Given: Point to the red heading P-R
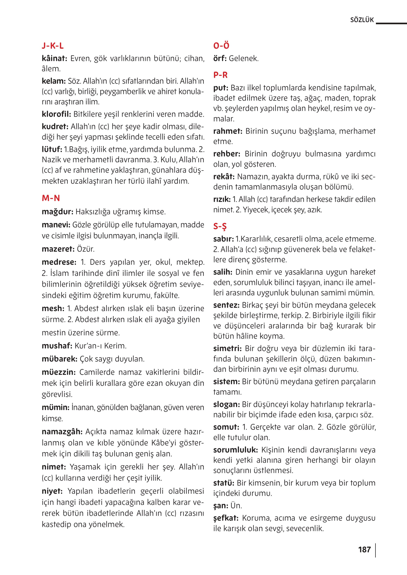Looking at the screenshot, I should [220, 75].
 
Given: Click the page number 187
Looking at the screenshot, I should [364, 550].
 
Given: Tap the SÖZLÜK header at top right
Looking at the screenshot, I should [362, 20].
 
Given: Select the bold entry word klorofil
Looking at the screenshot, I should [56, 114].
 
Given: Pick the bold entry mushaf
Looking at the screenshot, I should [57, 346].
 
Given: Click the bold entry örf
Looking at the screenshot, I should [220, 59].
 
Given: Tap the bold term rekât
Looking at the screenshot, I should [223, 177].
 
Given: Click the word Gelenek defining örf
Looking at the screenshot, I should [243, 59].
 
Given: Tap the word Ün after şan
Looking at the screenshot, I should [236, 506].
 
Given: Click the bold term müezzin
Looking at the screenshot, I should [59, 372].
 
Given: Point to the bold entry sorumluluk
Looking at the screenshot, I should [235, 450].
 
